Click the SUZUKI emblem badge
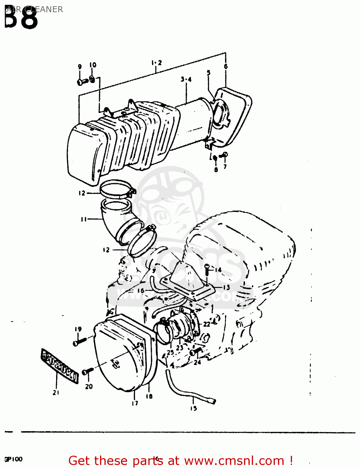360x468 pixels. [x=60, y=365]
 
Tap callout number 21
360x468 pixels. [x=56, y=393]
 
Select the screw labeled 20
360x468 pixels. [x=87, y=371]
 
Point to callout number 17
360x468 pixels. [x=135, y=403]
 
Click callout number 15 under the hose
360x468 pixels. [x=194, y=408]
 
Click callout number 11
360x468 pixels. [x=84, y=219]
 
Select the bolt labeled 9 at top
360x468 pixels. [x=82, y=82]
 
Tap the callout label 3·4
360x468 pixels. [x=186, y=80]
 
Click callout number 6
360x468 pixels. [x=226, y=66]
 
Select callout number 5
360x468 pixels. [x=209, y=73]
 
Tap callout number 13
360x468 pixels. [x=226, y=287]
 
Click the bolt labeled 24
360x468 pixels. [x=196, y=352]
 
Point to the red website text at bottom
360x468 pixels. [x=180, y=461]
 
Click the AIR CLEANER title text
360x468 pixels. [x=35, y=9]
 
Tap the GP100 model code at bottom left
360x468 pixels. [x=13, y=459]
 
